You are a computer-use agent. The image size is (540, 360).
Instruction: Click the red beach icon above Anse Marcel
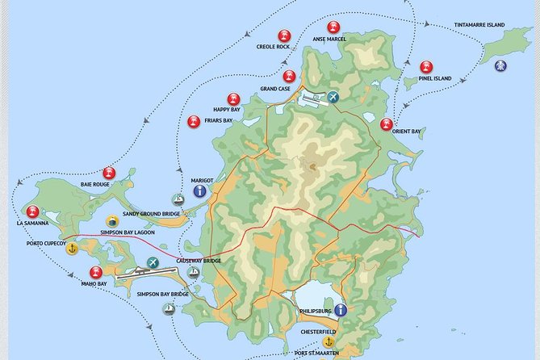[x=333, y=27]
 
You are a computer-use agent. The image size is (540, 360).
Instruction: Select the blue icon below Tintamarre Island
[x=500, y=65]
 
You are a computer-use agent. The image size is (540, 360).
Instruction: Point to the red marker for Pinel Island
[x=426, y=67]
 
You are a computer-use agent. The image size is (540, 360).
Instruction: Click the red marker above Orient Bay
[x=387, y=124]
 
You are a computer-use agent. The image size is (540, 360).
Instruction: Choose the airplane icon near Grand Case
[x=333, y=98]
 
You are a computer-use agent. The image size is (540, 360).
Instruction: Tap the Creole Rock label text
[x=273, y=47]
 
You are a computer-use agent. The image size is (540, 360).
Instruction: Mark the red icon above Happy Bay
[x=233, y=98]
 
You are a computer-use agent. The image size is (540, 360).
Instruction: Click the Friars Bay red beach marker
[x=194, y=122]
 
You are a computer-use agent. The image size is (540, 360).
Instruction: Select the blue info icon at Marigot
[x=199, y=191]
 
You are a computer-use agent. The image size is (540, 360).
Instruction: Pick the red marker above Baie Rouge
[x=109, y=173]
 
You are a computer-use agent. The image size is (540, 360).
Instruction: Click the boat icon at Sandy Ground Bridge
[x=177, y=200]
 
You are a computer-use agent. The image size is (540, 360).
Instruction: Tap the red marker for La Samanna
[x=32, y=211]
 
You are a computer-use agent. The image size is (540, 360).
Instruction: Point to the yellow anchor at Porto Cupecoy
[x=72, y=249]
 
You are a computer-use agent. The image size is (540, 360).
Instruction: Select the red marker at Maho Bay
[x=96, y=273]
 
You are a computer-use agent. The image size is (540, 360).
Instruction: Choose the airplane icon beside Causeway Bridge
[x=153, y=263]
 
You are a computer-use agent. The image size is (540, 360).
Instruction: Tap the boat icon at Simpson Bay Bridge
[x=169, y=308]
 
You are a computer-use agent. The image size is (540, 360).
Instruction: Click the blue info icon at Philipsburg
[x=341, y=310]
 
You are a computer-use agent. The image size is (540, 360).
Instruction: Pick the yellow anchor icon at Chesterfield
[x=328, y=342]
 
